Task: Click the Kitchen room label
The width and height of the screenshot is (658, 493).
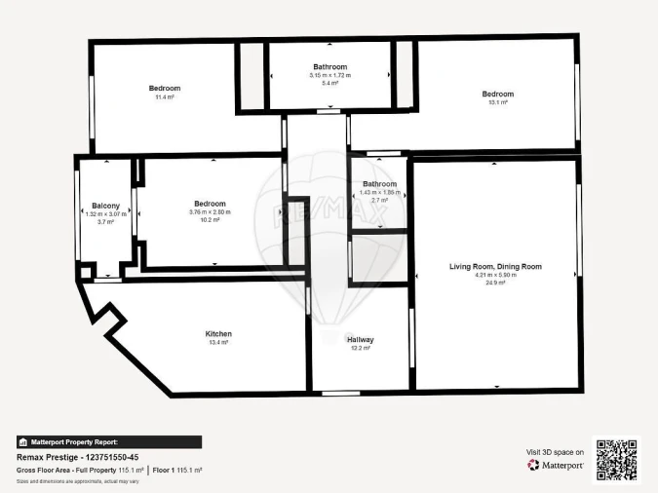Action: click(x=218, y=333)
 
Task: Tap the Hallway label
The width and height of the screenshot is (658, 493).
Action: click(x=361, y=339)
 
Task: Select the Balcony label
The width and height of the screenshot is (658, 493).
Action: click(x=106, y=206)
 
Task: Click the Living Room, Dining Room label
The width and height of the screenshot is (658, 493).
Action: click(x=495, y=266)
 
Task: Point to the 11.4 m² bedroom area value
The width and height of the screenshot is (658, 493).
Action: click(x=165, y=97)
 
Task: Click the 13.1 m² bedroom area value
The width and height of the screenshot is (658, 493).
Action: click(x=497, y=102)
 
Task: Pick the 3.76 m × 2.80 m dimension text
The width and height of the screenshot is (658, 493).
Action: click(x=210, y=212)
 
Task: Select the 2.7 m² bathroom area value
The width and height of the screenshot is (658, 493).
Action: click(x=379, y=200)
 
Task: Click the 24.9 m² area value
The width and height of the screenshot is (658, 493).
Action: click(x=495, y=283)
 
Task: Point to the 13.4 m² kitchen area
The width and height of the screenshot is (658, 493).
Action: click(x=218, y=342)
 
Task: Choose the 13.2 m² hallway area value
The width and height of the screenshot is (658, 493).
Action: click(x=361, y=348)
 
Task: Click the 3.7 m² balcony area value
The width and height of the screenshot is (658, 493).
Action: click(x=106, y=222)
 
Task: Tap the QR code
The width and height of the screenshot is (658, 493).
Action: click(x=616, y=459)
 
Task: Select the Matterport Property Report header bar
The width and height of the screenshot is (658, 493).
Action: click(x=109, y=441)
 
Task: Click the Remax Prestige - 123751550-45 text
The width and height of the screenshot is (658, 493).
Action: click(x=78, y=457)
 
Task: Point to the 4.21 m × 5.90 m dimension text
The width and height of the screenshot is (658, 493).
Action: click(x=495, y=275)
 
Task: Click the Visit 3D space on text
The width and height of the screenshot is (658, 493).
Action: click(x=556, y=452)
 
